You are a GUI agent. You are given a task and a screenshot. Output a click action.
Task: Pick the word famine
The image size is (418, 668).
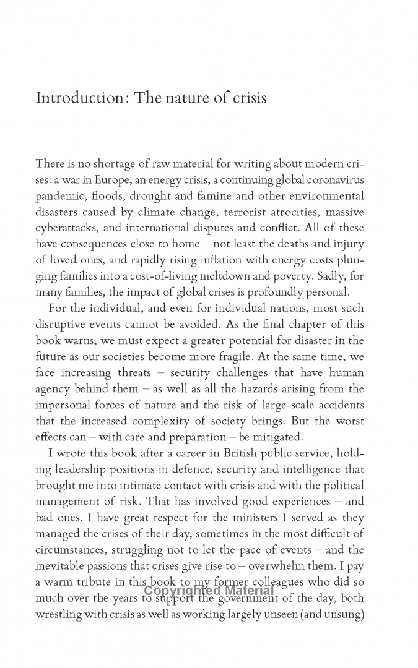click(199, 195)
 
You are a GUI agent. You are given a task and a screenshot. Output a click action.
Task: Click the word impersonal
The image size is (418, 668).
click(64, 405)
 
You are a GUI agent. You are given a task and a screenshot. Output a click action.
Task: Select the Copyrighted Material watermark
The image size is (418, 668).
click(208, 590)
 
